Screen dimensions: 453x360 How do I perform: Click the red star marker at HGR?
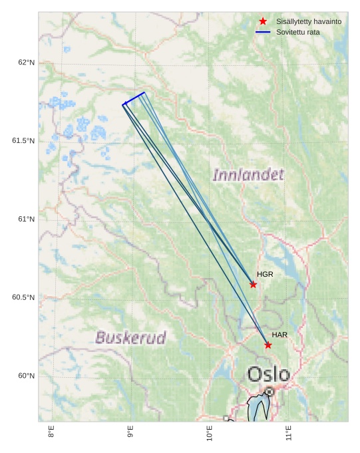253,285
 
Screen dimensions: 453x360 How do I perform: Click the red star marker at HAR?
268,345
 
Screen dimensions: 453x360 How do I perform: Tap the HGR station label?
265,274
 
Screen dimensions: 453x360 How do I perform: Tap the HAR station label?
279,335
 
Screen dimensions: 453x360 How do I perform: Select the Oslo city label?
269,374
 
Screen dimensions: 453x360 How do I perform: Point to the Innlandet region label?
248,175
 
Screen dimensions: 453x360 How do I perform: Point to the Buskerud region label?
130,337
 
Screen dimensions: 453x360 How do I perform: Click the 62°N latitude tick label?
26,63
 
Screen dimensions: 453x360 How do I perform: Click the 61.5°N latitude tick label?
23,140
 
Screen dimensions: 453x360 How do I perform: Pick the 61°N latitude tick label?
26,219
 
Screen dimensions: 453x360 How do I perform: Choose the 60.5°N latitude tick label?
23,297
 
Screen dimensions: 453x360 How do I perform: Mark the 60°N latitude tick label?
26,376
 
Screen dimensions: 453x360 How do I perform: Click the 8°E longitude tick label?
52,432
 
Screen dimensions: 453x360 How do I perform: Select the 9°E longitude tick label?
130,432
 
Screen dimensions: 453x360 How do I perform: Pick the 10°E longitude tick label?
210,433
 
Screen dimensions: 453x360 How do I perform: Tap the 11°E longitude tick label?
289,433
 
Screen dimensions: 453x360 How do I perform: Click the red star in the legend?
263,21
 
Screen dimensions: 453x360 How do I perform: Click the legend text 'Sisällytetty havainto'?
309,21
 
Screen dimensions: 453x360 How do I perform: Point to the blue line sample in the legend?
263,32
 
